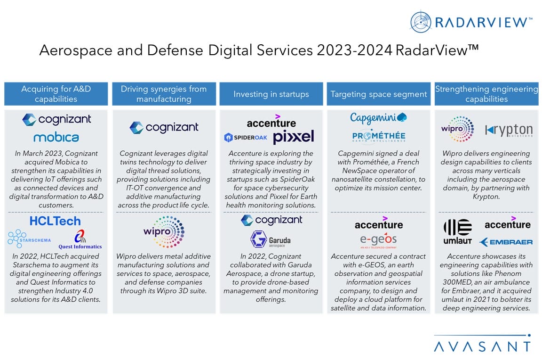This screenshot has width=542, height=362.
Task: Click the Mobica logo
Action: pyautogui.click(x=56, y=137)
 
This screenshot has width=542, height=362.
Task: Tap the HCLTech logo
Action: pyautogui.click(x=55, y=221)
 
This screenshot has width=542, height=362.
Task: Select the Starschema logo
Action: pyautogui.click(x=29, y=239)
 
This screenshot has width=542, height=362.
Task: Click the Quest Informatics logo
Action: pyautogui.click(x=80, y=239)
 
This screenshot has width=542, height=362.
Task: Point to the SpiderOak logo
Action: pyautogui.click(x=246, y=138)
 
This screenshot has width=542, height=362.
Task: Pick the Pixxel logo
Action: pyautogui.click(x=294, y=137)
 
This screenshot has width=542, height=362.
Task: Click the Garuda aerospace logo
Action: pyautogui.click(x=271, y=239)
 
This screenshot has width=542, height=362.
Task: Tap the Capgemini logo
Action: pyautogui.click(x=378, y=118)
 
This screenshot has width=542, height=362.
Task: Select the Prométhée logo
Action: pyautogui.click(x=379, y=136)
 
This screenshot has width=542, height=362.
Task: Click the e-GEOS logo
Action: pyautogui.click(x=378, y=240)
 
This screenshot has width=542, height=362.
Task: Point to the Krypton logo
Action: pyautogui.click(x=509, y=130)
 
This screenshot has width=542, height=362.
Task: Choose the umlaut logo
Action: pyautogui.click(x=458, y=232)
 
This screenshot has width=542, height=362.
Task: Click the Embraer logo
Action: pyautogui.click(x=506, y=242)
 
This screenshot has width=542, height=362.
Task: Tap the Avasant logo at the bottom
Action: pyautogui.click(x=483, y=344)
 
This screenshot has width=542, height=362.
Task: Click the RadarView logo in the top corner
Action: pyautogui.click(x=471, y=22)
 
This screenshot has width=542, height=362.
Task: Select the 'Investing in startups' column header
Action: pyautogui.click(x=271, y=94)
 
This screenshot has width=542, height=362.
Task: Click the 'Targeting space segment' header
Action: pyautogui.click(x=378, y=94)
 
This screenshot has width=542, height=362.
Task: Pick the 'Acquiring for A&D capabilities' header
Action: pyautogui.click(x=56, y=94)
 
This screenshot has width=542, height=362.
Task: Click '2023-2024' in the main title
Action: pyautogui.click(x=354, y=50)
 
